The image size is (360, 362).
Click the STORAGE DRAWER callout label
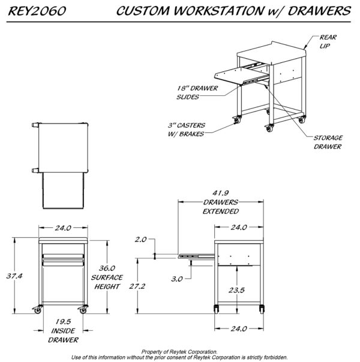(x=328, y=141)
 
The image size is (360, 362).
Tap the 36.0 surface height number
(x=107, y=269)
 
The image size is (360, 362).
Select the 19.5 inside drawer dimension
(x=64, y=322)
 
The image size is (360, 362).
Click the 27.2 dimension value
(x=138, y=287)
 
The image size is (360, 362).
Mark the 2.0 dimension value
(x=141, y=240)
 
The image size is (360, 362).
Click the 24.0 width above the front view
(x=63, y=228)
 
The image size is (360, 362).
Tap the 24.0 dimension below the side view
(x=239, y=328)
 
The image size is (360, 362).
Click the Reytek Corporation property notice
(x=179, y=354)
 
